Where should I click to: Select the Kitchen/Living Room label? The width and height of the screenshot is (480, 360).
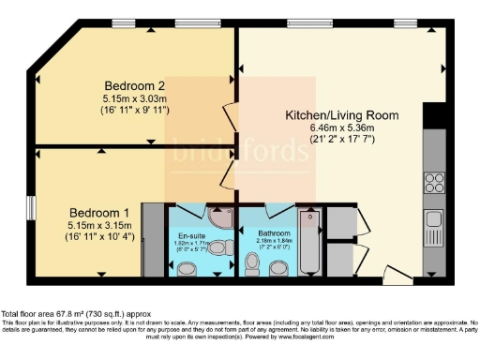coord(342,115)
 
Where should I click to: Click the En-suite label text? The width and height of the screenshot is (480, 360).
coord(190,234)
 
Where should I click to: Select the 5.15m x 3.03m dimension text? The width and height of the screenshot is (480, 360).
coord(136,97)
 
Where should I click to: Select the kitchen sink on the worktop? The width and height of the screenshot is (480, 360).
coord(434,222)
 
